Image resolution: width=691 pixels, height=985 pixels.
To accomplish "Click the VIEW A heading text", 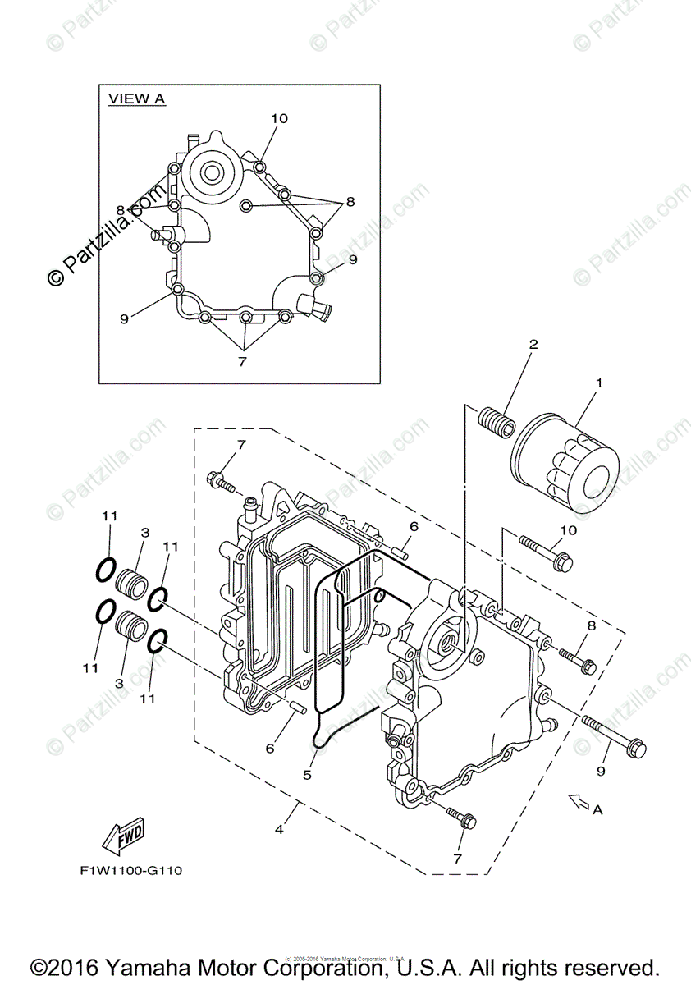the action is pyautogui.click(x=137, y=98).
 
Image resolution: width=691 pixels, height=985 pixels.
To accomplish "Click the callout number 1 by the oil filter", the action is pyautogui.click(x=598, y=383).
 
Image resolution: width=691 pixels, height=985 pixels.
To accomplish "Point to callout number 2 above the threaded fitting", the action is pyautogui.click(x=533, y=345).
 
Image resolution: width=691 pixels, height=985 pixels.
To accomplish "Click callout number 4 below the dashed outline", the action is pyautogui.click(x=280, y=829).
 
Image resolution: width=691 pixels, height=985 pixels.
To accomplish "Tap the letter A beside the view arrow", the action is pyautogui.click(x=597, y=809).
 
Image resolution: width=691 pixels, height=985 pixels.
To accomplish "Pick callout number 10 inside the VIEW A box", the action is pyautogui.click(x=279, y=118).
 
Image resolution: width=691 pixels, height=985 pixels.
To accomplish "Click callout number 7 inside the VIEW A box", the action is pyautogui.click(x=242, y=361).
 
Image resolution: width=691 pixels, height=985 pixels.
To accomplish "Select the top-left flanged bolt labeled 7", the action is pyautogui.click(x=222, y=481).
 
